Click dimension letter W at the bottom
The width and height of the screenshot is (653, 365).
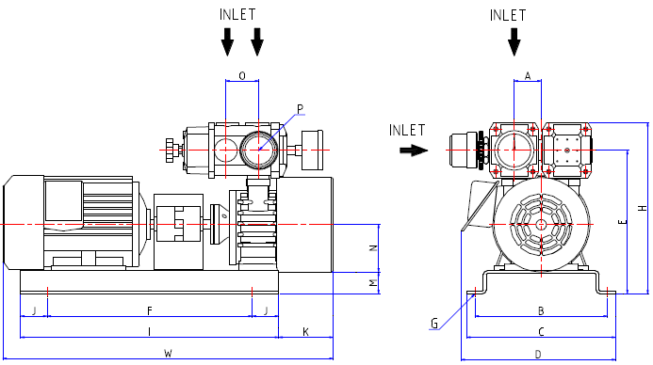(168, 354)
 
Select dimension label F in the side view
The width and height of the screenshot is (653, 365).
(150, 310)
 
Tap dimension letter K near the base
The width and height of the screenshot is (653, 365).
(305, 332)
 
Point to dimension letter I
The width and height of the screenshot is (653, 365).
(149, 332)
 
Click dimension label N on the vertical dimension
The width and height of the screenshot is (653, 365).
(373, 248)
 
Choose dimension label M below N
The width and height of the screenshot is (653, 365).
(373, 283)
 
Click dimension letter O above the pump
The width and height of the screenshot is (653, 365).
(242, 76)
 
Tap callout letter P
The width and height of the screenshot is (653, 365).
(301, 109)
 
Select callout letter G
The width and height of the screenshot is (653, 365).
(434, 324)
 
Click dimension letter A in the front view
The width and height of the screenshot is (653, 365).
(528, 76)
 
